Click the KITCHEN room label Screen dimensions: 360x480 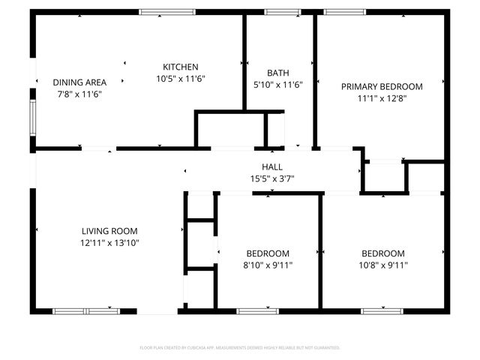click(181, 67)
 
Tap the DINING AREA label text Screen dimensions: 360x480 click(79, 82)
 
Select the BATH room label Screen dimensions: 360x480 click(277, 73)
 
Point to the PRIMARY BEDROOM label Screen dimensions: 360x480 click(382, 86)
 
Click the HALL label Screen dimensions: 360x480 click(271, 166)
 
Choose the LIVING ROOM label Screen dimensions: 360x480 click(109, 231)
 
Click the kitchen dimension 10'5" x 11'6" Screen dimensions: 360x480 click(181, 78)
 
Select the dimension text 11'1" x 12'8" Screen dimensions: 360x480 click(382, 98)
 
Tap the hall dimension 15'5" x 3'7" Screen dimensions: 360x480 click(271, 178)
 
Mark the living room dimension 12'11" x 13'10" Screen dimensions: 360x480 click(109, 243)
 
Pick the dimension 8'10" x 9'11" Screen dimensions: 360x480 click(268, 265)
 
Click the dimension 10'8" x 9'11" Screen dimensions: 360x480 click(382, 265)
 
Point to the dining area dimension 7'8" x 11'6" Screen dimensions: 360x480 click(79, 94)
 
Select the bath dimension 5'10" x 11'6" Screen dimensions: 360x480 click(277, 85)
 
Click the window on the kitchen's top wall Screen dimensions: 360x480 click(163, 12)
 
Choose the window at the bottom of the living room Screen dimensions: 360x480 click(86, 310)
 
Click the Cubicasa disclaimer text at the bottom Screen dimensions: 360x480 click(240, 348)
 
